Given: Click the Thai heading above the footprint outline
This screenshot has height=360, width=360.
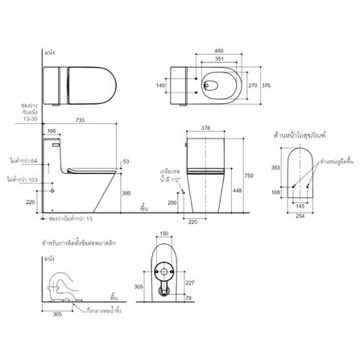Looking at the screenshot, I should (x=308, y=134).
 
